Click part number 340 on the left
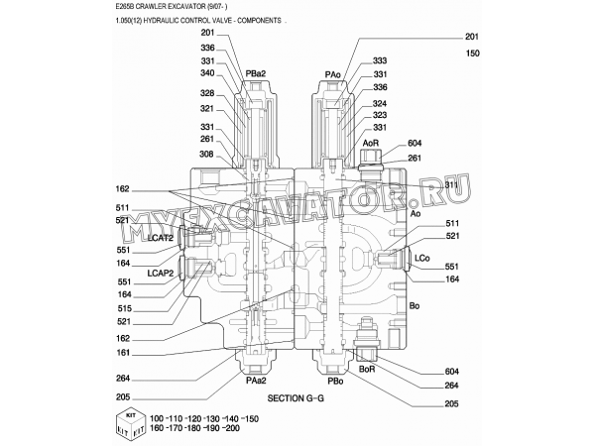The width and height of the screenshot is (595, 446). coord(206,72)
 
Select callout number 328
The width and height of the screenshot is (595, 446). coord(206,94)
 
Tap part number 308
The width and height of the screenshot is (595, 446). coord(206,154)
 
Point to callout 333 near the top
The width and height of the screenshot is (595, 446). coord(380,61)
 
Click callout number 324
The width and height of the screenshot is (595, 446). coord(380,104)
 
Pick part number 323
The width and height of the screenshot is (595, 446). coord(380,116)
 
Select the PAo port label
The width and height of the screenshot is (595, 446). coord(333,73)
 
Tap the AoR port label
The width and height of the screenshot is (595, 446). coord(371,143)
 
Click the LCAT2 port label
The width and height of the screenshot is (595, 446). coord(160,238)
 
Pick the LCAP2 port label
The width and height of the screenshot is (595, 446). coord(160,273)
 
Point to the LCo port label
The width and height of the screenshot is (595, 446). coord(421,258)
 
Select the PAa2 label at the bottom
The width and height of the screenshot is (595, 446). coord(255,380)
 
